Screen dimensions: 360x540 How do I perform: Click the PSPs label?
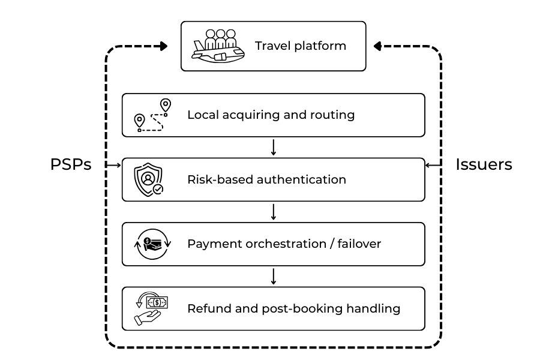pos(71,165)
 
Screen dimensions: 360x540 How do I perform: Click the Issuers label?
pos(484,165)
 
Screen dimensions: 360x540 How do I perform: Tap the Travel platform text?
pos(300,46)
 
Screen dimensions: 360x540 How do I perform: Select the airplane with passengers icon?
pos(218,46)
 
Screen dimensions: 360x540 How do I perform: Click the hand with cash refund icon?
pos(149,308)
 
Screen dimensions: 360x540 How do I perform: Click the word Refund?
pos(207,309)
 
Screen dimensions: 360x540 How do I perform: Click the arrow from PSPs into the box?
pos(113,165)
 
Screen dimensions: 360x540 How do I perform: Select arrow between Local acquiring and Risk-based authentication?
pos(274,147)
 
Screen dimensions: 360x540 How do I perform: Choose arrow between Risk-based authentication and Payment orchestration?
pos(274,211)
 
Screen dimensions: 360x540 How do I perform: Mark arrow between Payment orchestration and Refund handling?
pos(274,276)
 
